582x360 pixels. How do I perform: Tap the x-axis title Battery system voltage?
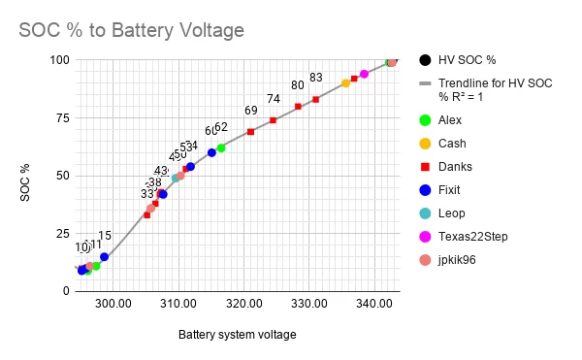click(x=238, y=335)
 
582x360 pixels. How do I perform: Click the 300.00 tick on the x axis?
click(x=113, y=304)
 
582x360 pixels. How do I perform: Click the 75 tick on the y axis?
click(x=62, y=117)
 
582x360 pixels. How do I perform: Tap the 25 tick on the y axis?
click(x=62, y=233)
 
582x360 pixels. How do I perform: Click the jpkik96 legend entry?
click(x=459, y=260)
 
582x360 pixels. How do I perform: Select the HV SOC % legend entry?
click(x=462, y=59)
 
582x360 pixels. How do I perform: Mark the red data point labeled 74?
click(x=273, y=120)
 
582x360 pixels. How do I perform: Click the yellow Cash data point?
click(x=345, y=83)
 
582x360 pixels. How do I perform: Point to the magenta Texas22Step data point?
click(x=364, y=74)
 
